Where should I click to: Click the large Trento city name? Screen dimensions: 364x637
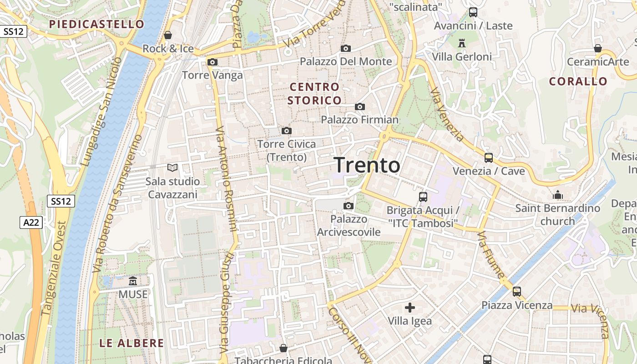[367, 166]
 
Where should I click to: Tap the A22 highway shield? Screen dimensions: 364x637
[31, 222]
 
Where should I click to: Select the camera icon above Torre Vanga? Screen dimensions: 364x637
[212, 62]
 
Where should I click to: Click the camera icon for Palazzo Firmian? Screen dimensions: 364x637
[360, 106]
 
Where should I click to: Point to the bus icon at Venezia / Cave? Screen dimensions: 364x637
[488, 158]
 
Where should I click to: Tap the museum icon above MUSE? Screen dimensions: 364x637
[133, 281]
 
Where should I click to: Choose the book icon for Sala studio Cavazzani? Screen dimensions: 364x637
[172, 168]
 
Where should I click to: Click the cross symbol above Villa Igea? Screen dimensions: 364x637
[410, 308]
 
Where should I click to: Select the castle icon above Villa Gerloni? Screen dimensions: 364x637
[462, 43]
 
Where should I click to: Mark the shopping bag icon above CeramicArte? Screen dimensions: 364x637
[598, 48]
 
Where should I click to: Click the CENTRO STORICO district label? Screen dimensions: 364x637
[314, 93]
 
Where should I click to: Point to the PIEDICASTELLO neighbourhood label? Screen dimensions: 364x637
[96, 24]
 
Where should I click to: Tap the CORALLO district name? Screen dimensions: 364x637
[578, 81]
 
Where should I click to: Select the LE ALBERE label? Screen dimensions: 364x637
[131, 343]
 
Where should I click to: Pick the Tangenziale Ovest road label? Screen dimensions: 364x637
[54, 268]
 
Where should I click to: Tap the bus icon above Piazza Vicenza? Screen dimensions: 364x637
[517, 291]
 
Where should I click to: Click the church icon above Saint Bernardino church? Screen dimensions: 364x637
[558, 195]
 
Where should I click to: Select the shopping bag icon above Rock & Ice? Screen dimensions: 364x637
[168, 35]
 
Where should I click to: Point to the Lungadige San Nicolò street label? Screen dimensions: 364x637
[101, 111]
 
